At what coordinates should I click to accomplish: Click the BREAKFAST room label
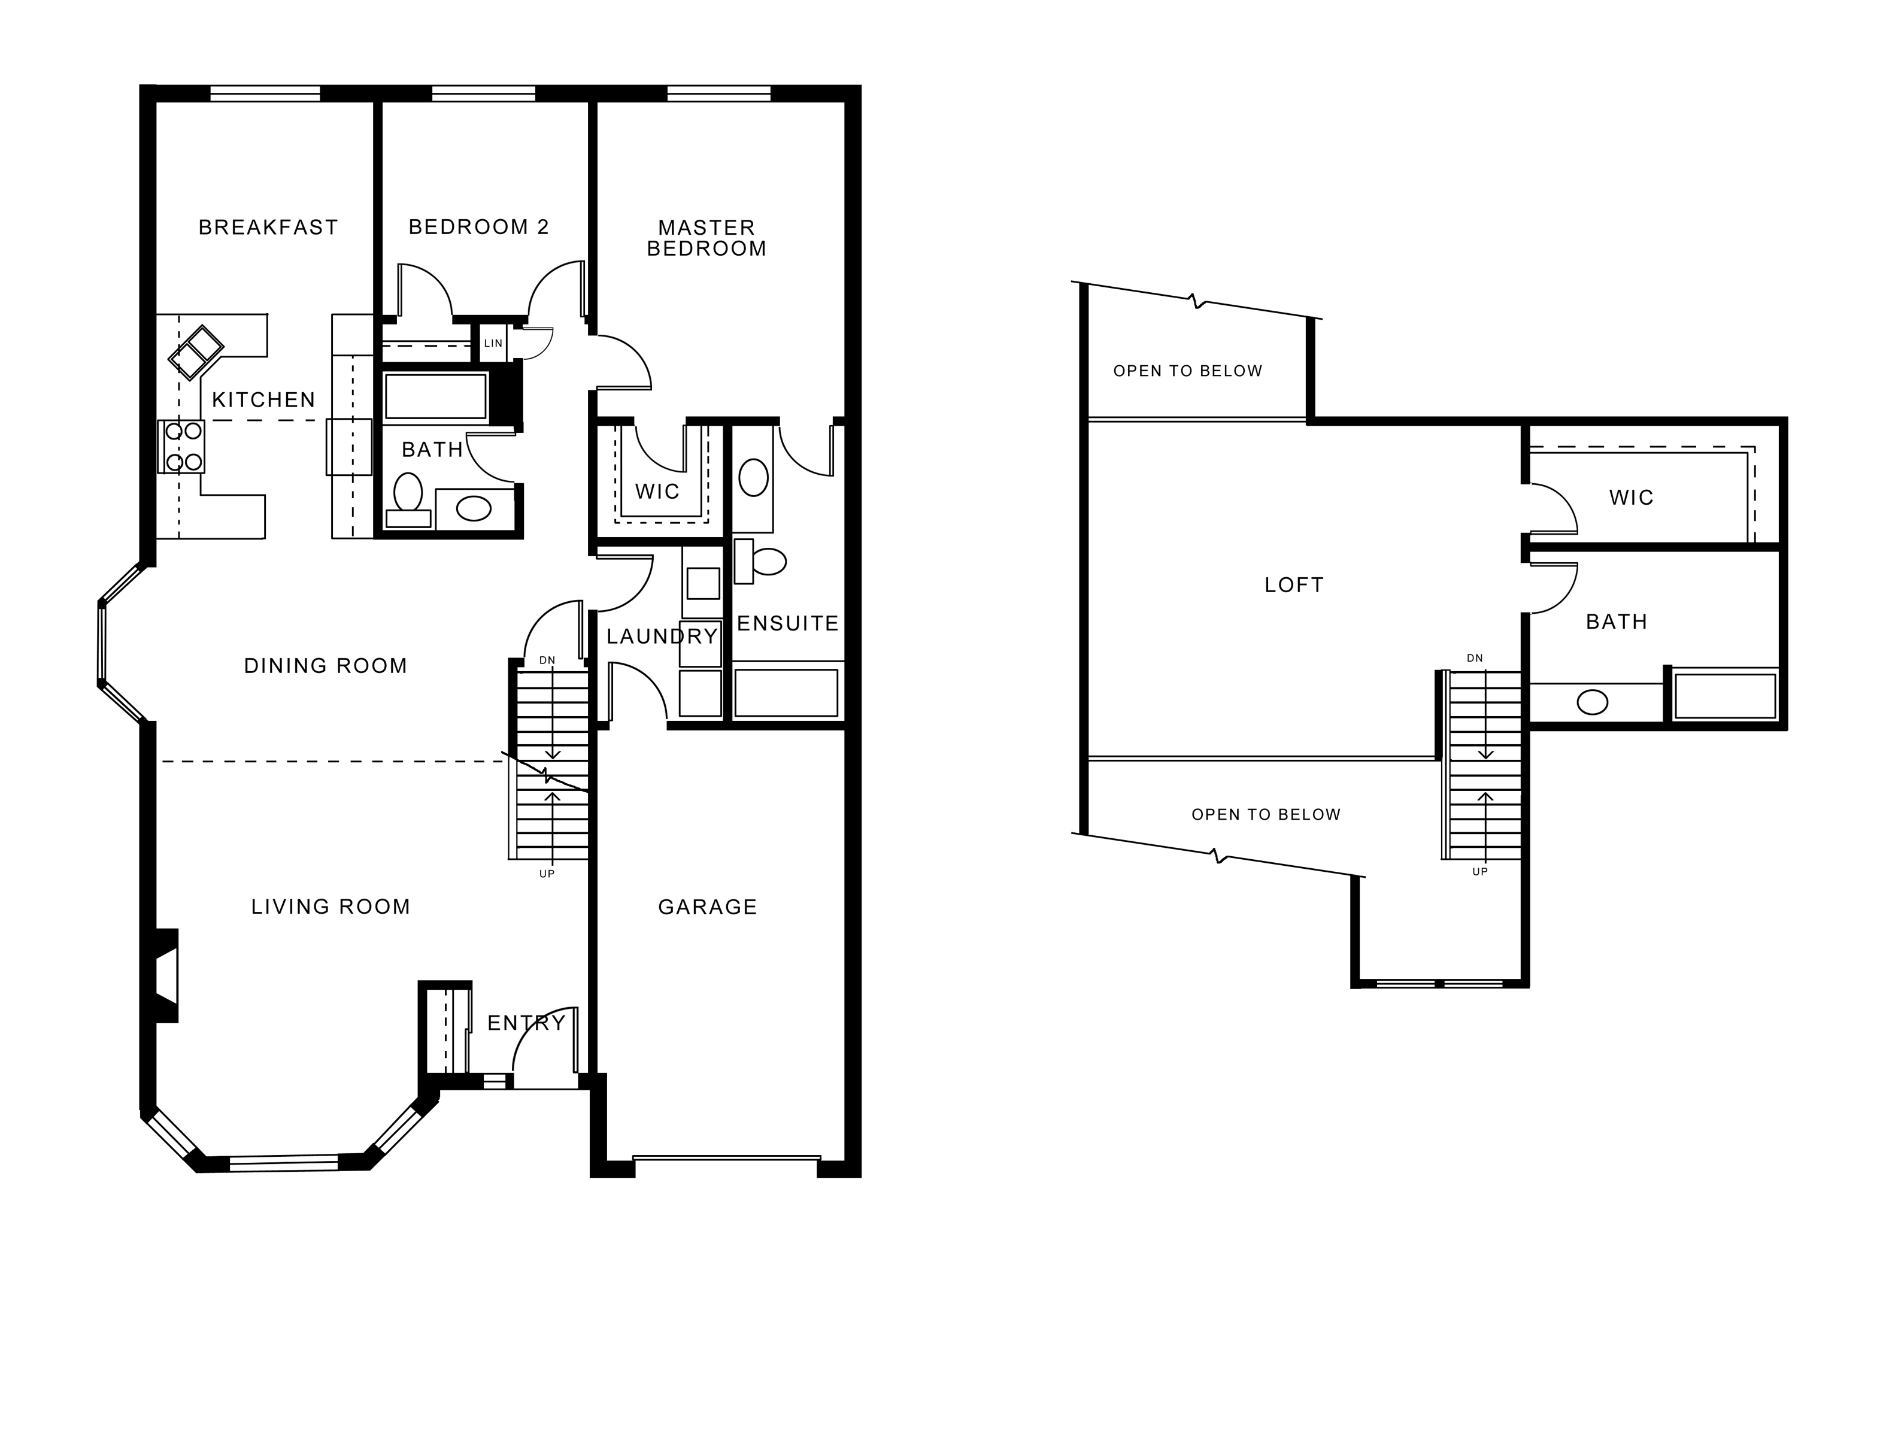point(268,227)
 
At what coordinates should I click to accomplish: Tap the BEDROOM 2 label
point(478,227)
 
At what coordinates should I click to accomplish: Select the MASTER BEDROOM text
point(707,238)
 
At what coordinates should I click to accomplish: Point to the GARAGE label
point(708,907)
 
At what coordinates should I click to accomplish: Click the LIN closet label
point(493,344)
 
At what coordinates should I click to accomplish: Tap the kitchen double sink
point(196,351)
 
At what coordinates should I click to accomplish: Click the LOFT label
point(1294,586)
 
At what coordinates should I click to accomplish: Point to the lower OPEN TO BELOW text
point(1266,814)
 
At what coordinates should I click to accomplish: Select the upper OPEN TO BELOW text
point(1188,371)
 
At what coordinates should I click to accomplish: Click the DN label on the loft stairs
point(1475,658)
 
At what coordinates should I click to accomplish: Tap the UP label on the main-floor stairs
point(547,874)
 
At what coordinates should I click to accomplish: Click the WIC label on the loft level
point(1632,498)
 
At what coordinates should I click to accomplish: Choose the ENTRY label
point(527,1023)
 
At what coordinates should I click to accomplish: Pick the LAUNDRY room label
point(662,636)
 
